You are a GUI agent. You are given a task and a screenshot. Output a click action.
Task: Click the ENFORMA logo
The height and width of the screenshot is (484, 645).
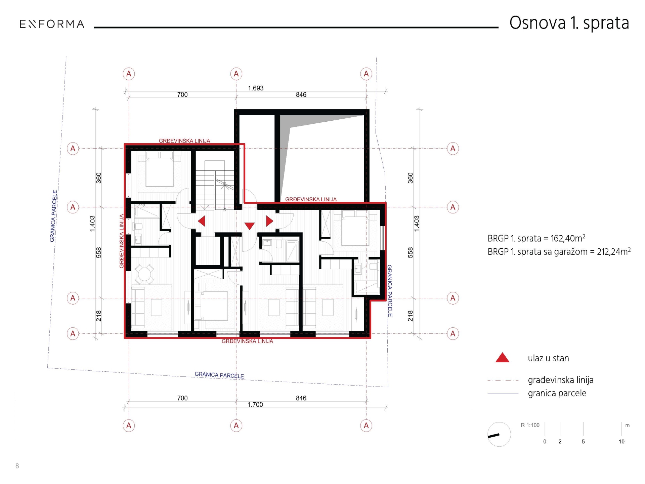(52, 24)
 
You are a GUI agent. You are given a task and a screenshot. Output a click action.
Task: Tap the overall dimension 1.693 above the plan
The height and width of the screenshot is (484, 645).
(256, 88)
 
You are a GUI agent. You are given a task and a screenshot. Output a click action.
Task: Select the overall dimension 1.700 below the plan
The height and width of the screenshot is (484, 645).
(255, 404)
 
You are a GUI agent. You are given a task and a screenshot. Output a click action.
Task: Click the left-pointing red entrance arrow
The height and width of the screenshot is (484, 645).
(202, 221)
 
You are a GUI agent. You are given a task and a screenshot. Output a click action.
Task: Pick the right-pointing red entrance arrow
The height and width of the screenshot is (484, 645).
(269, 221)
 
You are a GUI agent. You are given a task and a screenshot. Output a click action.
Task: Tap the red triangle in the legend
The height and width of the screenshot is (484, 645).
(502, 358)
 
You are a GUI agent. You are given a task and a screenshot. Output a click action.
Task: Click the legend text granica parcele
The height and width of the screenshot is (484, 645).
(557, 393)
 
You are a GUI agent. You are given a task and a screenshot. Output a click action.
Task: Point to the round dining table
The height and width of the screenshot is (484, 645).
(144, 274)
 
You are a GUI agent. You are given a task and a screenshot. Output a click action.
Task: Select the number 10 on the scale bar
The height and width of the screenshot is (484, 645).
(621, 442)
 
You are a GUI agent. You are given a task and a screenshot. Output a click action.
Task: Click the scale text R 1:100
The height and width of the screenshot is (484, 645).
(530, 425)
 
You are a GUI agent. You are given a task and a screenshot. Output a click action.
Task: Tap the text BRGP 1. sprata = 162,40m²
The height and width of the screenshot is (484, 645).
(536, 238)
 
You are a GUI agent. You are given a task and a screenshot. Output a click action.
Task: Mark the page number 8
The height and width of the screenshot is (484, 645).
(17, 466)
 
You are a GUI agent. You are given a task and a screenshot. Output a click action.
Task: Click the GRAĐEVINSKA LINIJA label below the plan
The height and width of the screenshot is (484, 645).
(247, 341)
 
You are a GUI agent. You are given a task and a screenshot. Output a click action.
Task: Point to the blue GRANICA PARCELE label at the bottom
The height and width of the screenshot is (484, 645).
(219, 375)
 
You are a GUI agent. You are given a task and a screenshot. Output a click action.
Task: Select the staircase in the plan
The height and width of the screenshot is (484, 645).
(215, 185)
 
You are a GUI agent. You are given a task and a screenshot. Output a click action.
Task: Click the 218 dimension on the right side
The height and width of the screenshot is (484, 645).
(410, 316)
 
